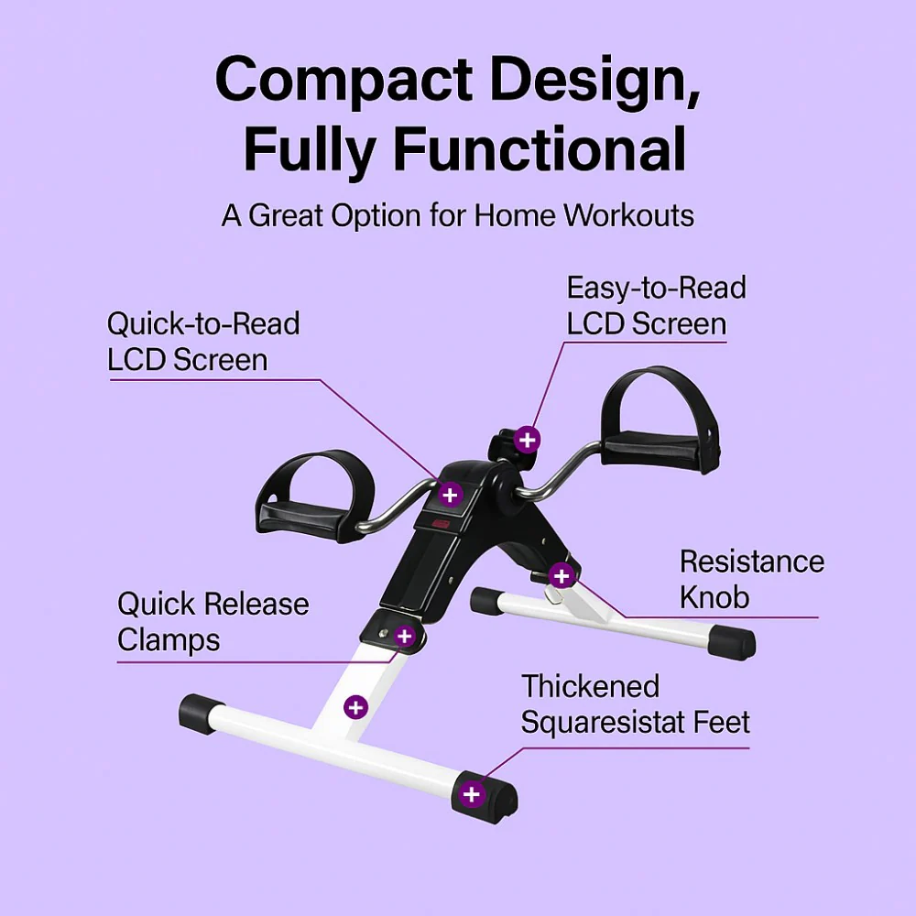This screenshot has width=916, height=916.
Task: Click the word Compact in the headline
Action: pyautogui.click(x=343, y=80)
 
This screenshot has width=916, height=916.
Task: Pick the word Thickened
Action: pyautogui.click(x=591, y=686)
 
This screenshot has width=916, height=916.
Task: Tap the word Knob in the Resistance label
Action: pyautogui.click(x=714, y=597)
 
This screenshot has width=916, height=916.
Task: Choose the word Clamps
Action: pyautogui.click(x=169, y=640)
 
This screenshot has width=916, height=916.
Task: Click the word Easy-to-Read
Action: pyautogui.click(x=656, y=288)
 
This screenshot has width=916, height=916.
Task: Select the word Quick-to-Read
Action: pyautogui.click(x=203, y=323)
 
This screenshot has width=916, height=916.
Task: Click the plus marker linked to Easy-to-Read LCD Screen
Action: pyautogui.click(x=528, y=440)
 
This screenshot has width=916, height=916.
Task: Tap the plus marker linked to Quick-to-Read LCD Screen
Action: pyautogui.click(x=449, y=495)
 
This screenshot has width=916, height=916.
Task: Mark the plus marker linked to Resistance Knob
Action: pyautogui.click(x=562, y=576)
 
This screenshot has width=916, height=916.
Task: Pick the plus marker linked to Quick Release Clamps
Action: pyautogui.click(x=405, y=636)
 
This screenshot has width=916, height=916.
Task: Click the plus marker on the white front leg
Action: pyautogui.click(x=355, y=707)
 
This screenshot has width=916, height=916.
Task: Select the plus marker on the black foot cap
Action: pyautogui.click(x=472, y=794)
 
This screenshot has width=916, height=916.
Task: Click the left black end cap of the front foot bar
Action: pyautogui.click(x=202, y=714)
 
